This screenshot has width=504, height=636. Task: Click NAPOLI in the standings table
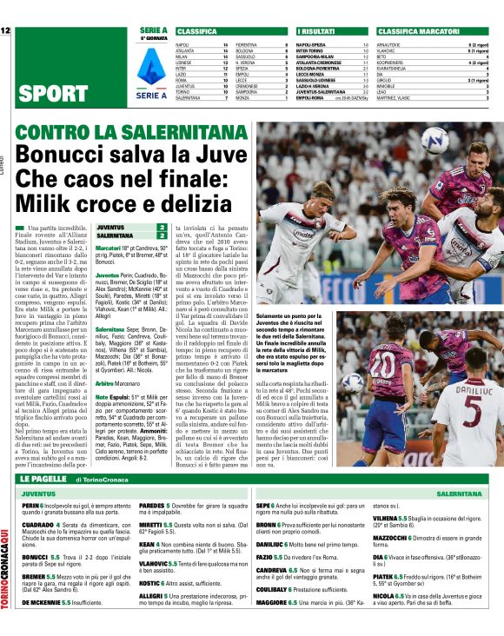(182, 43)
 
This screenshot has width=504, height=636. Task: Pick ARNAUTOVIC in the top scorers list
(388, 43)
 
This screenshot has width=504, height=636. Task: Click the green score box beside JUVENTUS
(162, 227)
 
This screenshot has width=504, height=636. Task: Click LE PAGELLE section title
(45, 478)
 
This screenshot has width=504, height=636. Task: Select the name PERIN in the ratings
(31, 506)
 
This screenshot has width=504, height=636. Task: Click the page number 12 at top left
(6, 30)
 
